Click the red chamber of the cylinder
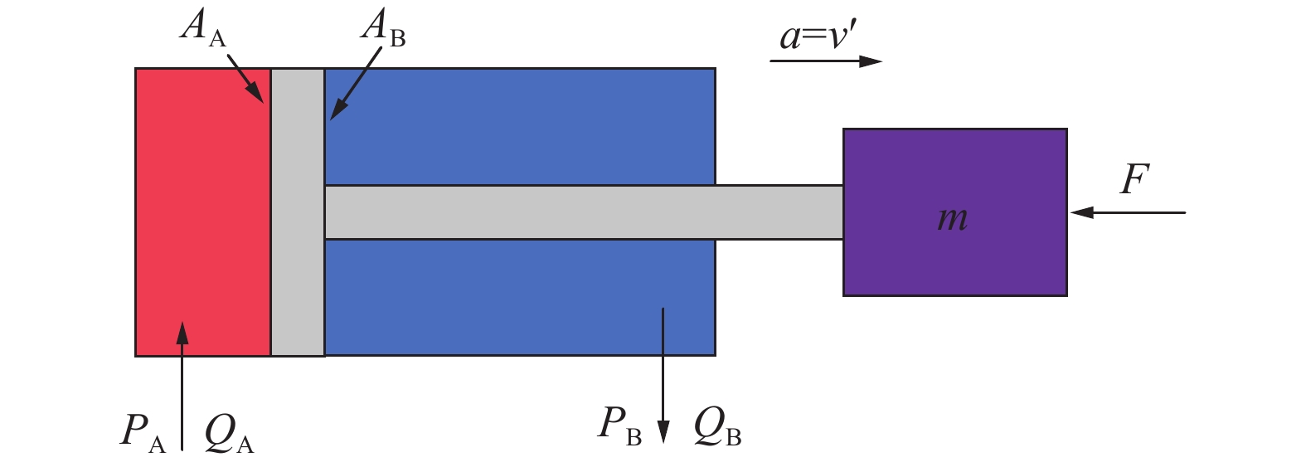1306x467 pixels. [x=203, y=212]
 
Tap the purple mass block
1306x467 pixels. [x=955, y=212]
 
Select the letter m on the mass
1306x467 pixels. [x=953, y=219]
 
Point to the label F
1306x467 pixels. [x=1134, y=178]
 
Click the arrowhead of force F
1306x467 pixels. [x=1081, y=213]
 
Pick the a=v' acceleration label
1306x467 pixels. [x=818, y=36]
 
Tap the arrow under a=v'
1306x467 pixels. [x=826, y=61]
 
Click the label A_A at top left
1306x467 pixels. [x=202, y=28]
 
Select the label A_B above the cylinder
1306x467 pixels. [x=382, y=28]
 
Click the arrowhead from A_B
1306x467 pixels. [x=337, y=109]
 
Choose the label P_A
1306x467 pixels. [x=143, y=434]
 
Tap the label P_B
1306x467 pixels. [x=619, y=426]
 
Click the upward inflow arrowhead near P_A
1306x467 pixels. [x=182, y=333]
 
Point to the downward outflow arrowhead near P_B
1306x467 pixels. [x=663, y=432]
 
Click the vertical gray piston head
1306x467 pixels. [x=298, y=212]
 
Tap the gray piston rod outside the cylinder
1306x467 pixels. [x=779, y=212]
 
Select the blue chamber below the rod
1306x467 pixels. [x=520, y=297]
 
